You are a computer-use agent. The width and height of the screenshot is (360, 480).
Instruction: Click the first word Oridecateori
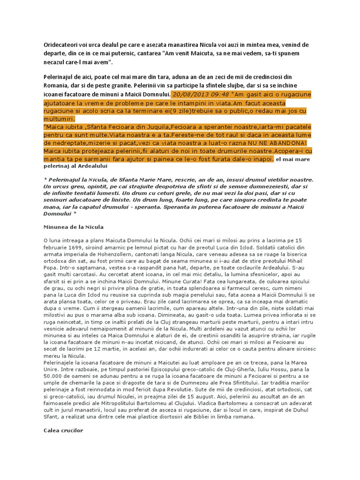click(58, 45)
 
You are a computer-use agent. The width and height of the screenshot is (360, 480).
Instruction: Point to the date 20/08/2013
click(187, 94)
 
